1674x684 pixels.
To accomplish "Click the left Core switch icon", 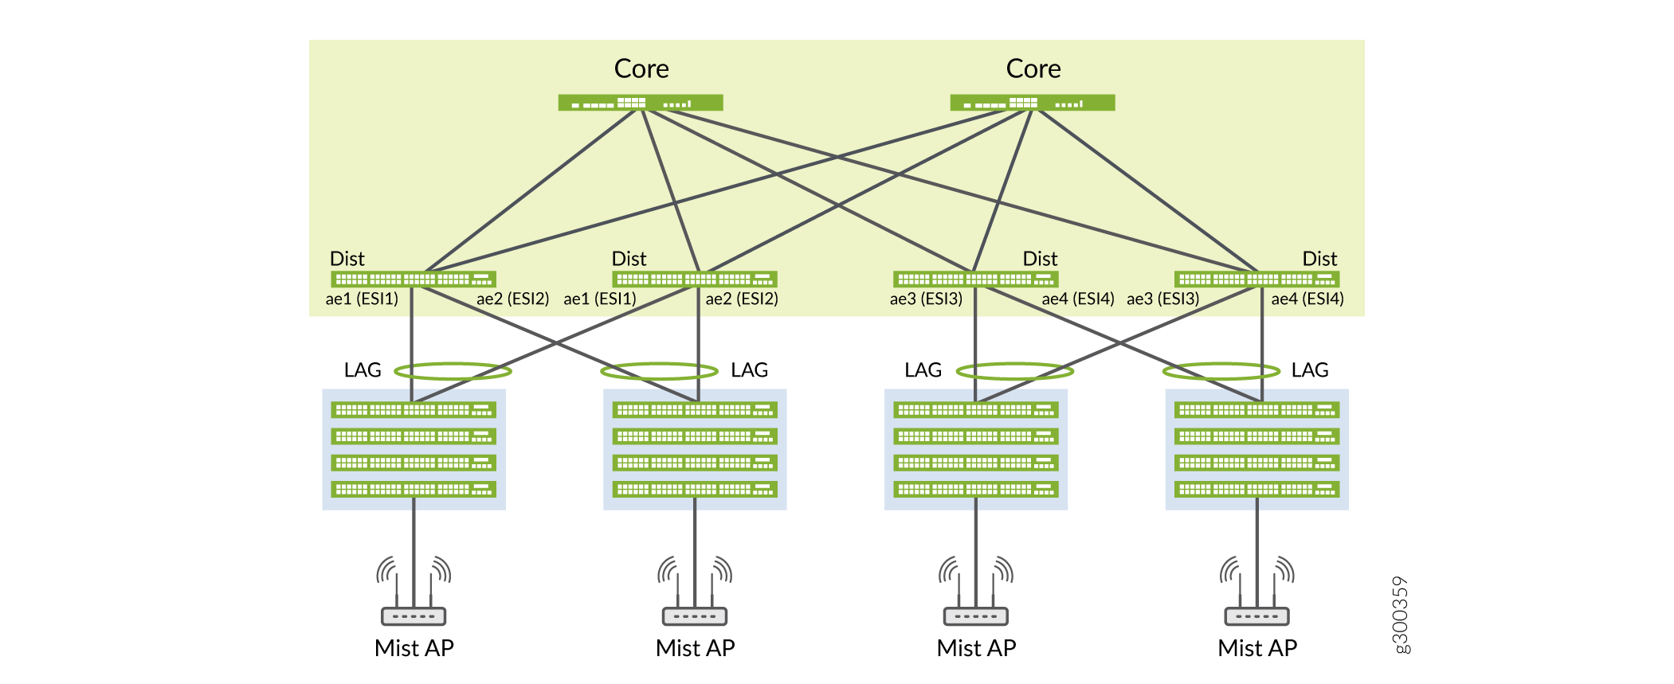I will coord(641,103).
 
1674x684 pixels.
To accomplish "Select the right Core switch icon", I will coord(1033,103).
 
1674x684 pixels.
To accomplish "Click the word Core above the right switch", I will coord(1033,69).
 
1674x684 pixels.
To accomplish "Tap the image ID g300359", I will coord(1400,615).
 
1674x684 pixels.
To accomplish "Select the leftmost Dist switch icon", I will coord(414,279).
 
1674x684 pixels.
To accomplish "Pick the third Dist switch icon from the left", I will coord(976,279).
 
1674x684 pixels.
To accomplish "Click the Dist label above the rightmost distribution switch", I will coord(1319,259).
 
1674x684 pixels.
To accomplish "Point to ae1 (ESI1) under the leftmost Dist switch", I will coord(362,299).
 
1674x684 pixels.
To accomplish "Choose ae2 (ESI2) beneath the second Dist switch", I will coord(742,299).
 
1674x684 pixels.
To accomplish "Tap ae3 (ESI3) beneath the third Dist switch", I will coord(926,299).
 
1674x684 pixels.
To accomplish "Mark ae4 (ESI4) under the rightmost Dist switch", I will coord(1307,299).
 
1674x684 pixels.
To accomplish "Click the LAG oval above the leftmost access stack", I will coord(453,371).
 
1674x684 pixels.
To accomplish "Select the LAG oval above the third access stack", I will coord(1015,371).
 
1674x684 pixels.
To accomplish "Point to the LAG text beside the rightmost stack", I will coord(1310,370).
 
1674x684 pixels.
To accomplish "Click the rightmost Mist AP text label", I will coord(1257,648).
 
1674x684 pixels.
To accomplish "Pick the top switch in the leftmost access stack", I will coord(414,410).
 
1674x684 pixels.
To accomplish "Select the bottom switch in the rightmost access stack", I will coord(1257,489).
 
